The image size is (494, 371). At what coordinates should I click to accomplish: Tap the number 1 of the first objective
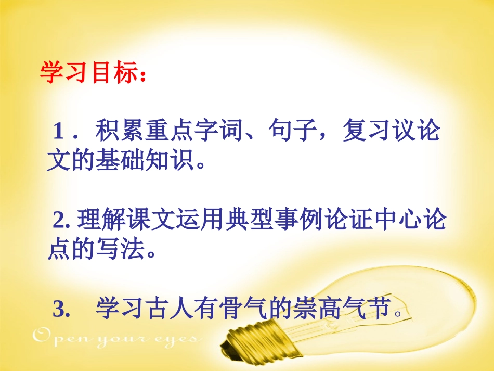pyautogui.click(x=59, y=133)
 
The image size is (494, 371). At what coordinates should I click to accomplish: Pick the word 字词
pyautogui.click(x=218, y=132)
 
